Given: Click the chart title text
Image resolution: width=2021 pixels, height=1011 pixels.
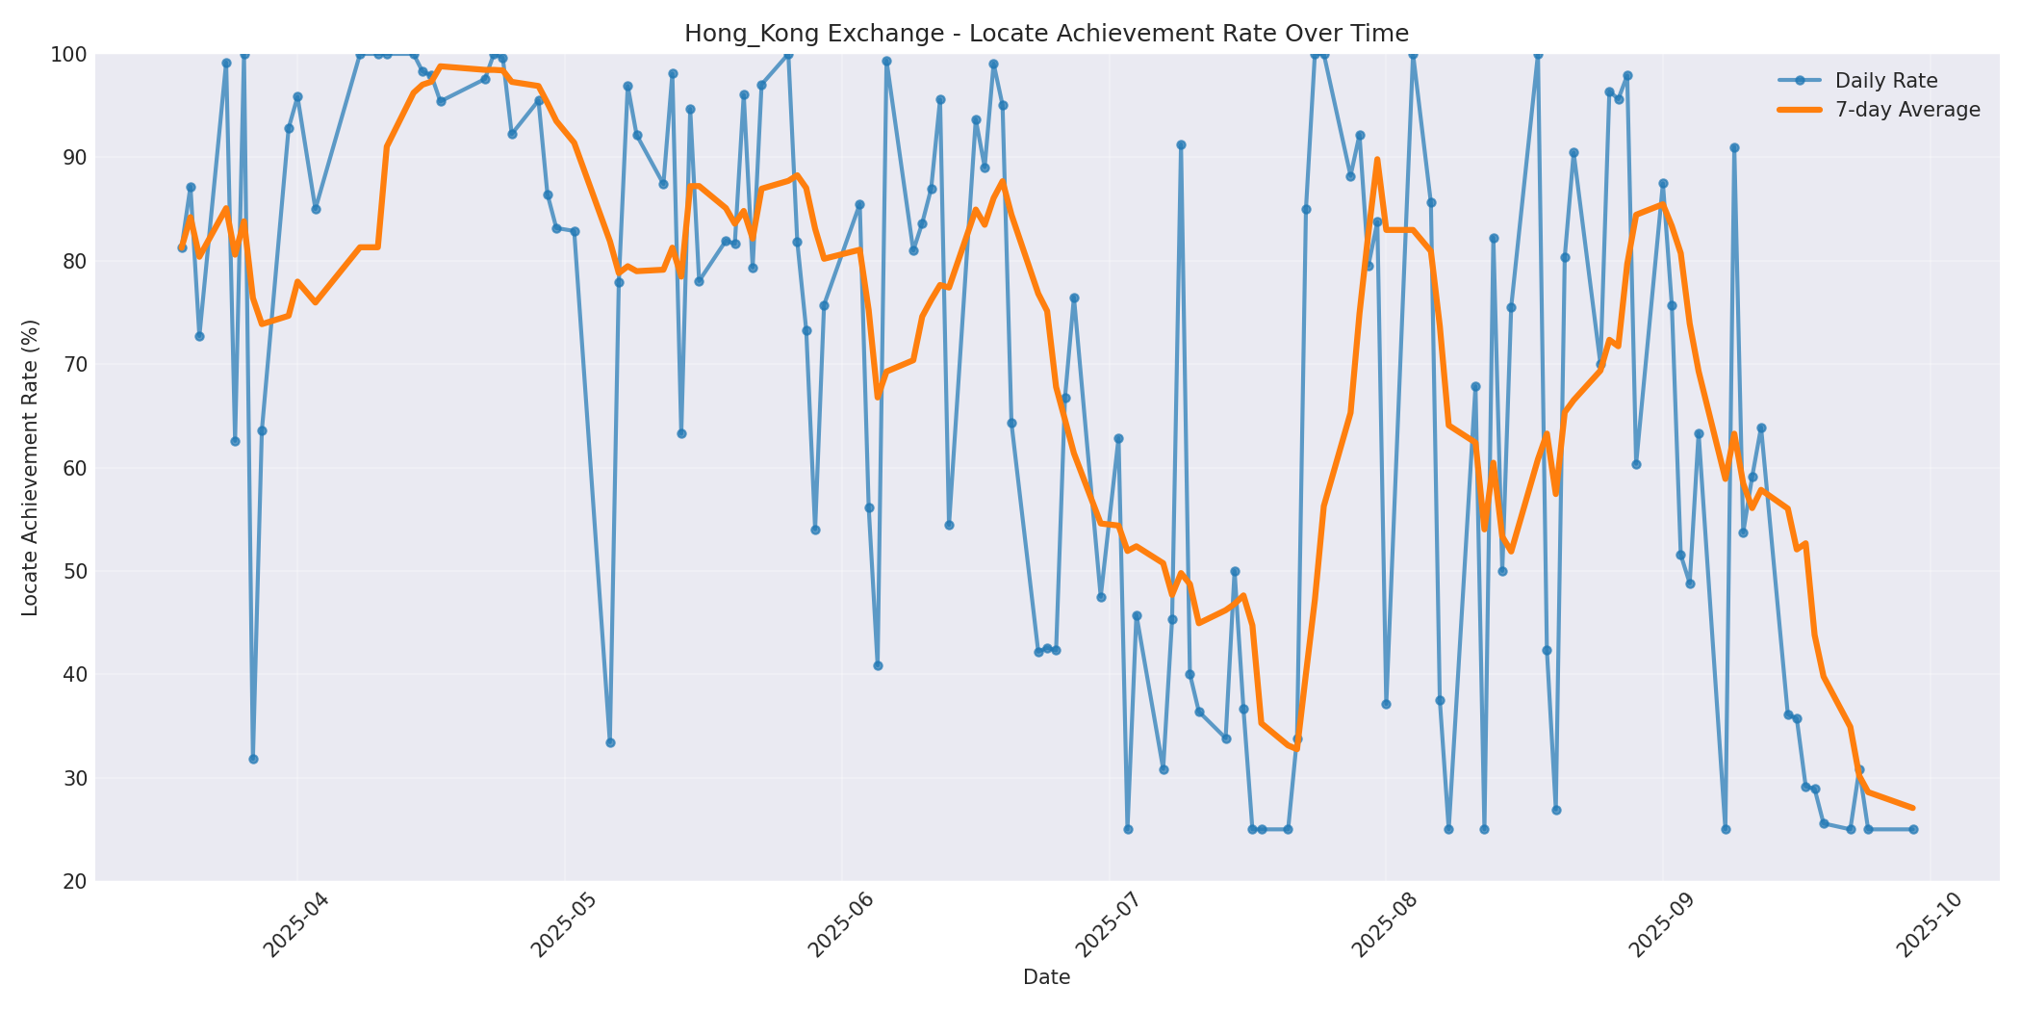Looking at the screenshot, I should [x=1046, y=34].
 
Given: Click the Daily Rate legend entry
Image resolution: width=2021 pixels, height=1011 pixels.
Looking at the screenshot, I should [x=1885, y=81].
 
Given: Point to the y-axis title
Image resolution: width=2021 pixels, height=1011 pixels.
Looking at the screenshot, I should [x=30, y=467].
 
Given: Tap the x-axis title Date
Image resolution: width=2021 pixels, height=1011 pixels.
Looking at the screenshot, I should [x=1046, y=978].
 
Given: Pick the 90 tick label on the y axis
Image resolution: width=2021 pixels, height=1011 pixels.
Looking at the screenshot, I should [x=73, y=158].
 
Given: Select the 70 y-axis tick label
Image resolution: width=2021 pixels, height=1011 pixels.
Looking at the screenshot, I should [x=73, y=365].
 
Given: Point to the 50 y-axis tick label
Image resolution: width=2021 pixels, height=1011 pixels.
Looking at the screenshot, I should [x=73, y=572].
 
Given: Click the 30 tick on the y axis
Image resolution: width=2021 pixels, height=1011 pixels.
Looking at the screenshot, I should [x=73, y=778].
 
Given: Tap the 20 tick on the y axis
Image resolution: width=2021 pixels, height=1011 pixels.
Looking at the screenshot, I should [x=73, y=882].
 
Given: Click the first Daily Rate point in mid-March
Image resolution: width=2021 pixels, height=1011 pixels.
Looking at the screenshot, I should [x=182, y=247].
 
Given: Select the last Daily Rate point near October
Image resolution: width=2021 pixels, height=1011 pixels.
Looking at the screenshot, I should [x=1913, y=829].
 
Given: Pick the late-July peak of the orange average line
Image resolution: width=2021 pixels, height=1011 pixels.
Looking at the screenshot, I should [x=1377, y=160].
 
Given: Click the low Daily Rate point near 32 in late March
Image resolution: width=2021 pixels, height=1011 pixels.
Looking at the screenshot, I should [x=253, y=759].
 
